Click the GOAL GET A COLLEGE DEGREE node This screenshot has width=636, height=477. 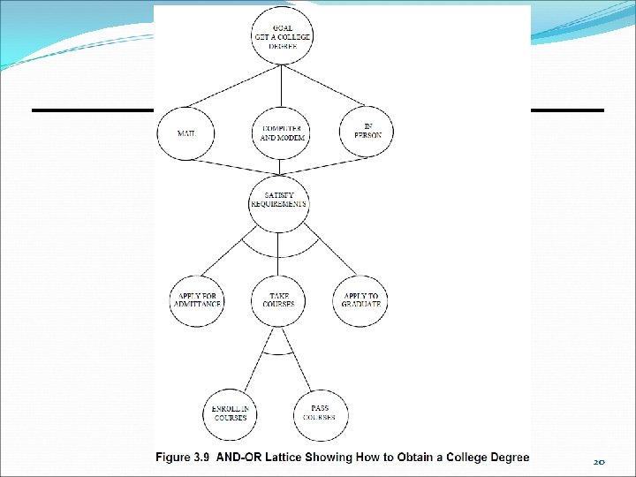tap(281, 34)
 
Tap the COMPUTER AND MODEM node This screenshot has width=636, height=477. tap(281, 132)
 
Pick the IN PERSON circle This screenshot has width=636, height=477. tap(366, 132)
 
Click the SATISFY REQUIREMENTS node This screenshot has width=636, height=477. tap(279, 199)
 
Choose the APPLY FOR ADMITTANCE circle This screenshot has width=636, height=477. tap(197, 299)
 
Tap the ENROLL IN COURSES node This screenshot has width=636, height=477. tap(231, 413)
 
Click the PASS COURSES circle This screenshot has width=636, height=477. tap(320, 413)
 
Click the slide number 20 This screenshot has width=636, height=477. tap(599, 462)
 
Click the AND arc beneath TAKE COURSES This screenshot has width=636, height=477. tap(279, 352)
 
